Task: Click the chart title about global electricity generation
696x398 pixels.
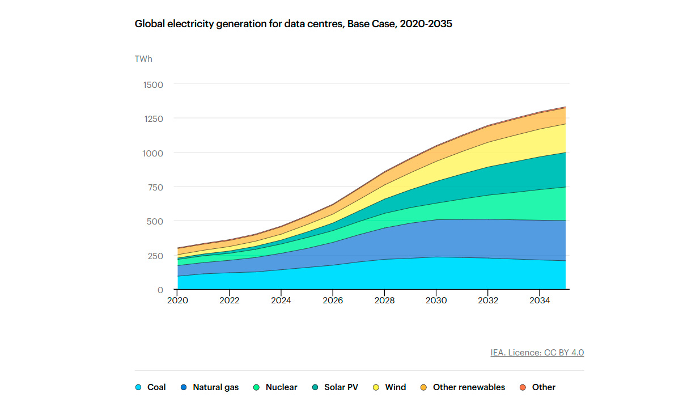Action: (293, 24)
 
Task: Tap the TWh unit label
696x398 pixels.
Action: (143, 58)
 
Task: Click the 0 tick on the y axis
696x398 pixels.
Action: (160, 290)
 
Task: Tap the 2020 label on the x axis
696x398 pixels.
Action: (177, 300)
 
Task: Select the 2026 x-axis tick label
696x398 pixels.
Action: (333, 300)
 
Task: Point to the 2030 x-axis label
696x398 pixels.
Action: (436, 300)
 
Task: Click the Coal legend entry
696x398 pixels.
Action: (151, 387)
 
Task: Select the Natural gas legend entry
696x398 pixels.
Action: (210, 387)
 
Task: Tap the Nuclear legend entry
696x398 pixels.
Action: (275, 387)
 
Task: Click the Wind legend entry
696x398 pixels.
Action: (390, 387)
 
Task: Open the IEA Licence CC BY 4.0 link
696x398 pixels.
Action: (537, 353)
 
